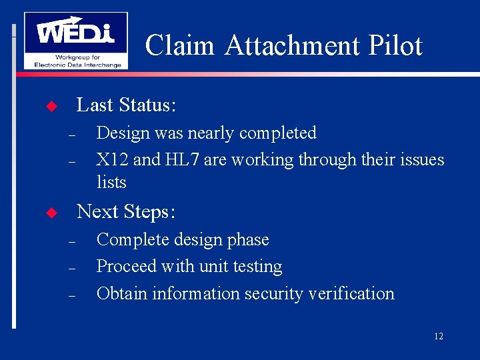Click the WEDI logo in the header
tap(75, 40)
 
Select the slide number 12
tap(438, 337)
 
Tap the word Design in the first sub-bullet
tap(123, 133)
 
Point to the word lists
tap(111, 182)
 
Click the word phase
tap(247, 240)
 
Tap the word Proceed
tap(127, 267)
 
